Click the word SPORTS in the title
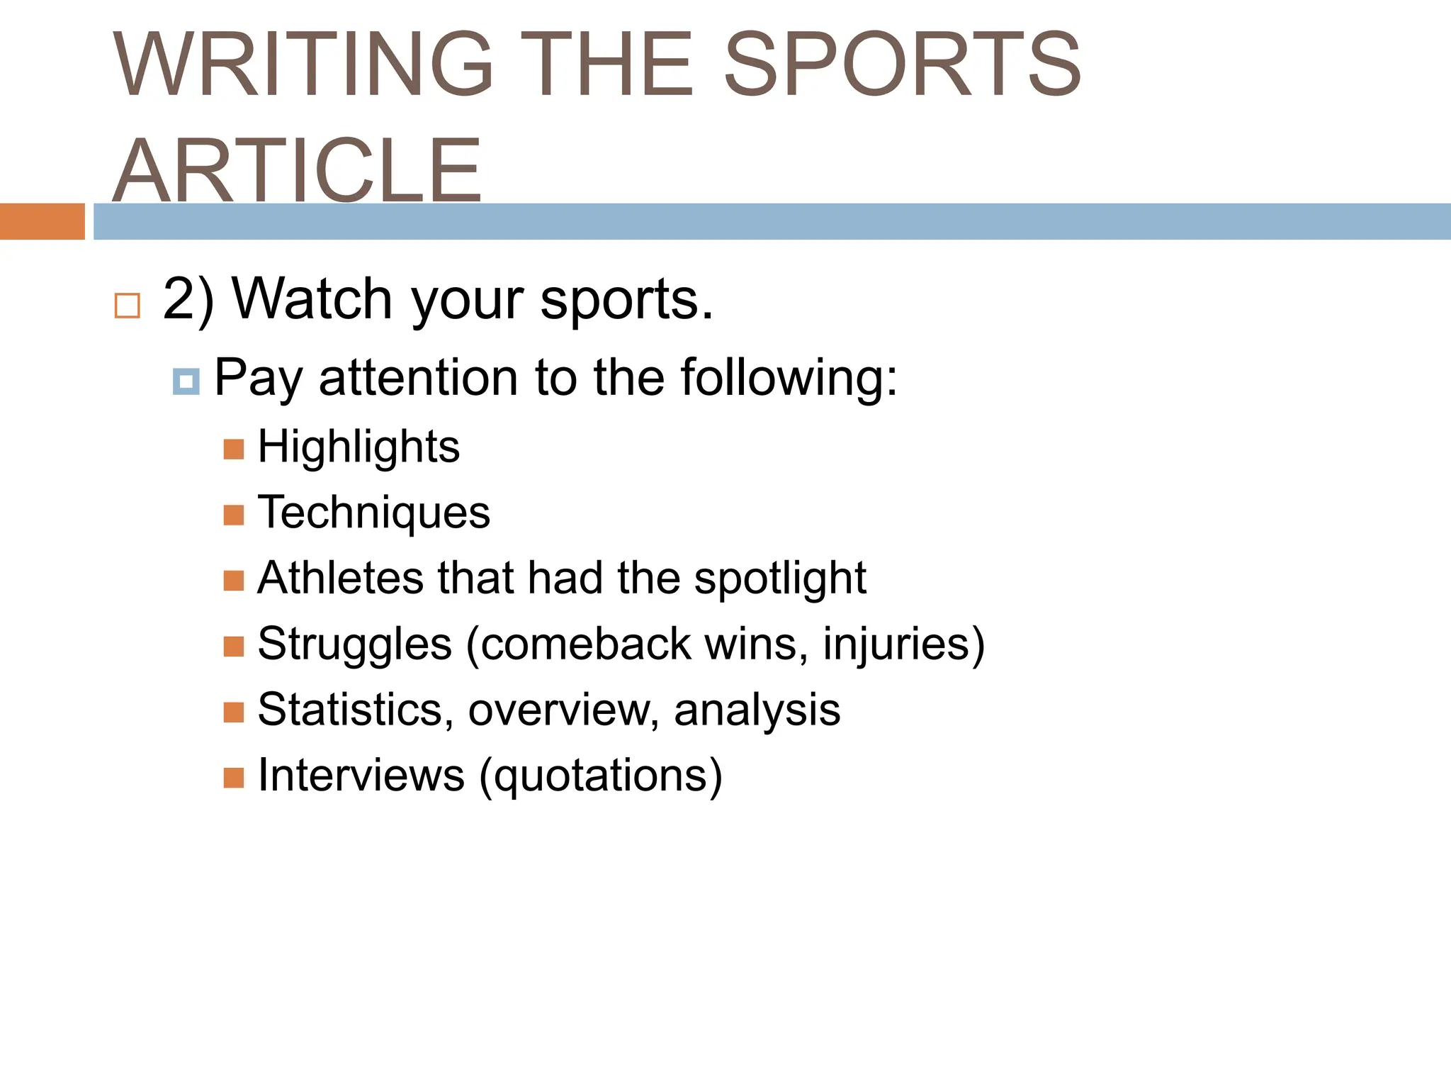tap(901, 64)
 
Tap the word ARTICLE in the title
tap(298, 170)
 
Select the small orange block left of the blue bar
tap(43, 221)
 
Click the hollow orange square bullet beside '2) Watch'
tap(128, 306)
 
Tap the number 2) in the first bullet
tap(188, 299)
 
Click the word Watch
tap(312, 299)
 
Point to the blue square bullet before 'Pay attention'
tap(186, 382)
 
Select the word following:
tap(789, 377)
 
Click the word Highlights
tap(358, 447)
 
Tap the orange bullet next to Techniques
tap(234, 515)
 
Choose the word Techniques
tap(373, 513)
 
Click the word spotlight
tap(780, 579)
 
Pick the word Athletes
tap(340, 577)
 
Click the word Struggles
tap(354, 644)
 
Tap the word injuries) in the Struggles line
tap(903, 644)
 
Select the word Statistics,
tap(355, 709)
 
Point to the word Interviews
tap(361, 775)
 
